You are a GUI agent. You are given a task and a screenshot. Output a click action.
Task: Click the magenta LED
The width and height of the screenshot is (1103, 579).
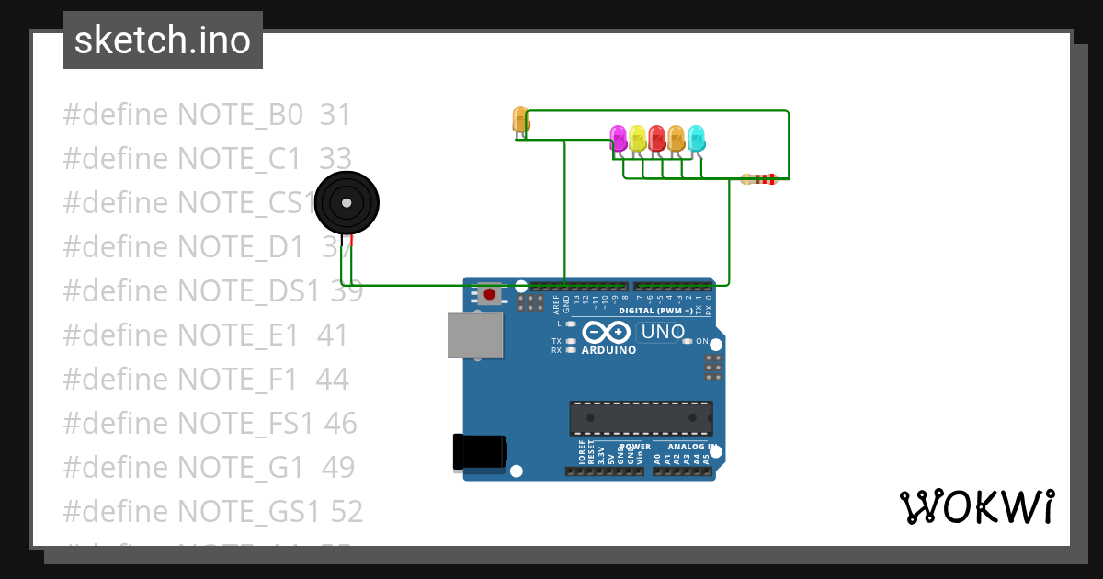(x=619, y=138)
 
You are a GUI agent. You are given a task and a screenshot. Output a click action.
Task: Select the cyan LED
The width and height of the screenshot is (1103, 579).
(x=696, y=138)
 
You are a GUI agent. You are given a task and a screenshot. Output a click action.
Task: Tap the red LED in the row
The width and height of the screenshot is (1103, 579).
(x=656, y=138)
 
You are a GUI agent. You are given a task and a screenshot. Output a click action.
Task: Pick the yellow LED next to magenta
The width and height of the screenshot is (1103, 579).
(x=638, y=138)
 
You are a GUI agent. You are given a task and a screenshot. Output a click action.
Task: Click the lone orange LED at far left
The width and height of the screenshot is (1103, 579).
(x=520, y=119)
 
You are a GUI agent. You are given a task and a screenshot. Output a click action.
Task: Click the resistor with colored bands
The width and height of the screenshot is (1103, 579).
(x=759, y=179)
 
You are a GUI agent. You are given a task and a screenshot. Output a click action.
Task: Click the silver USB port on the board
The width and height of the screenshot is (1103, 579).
(x=475, y=335)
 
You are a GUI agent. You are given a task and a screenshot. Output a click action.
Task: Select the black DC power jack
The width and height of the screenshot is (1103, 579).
(x=479, y=452)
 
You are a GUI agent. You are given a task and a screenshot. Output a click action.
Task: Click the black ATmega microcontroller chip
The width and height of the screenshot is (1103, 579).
(x=641, y=417)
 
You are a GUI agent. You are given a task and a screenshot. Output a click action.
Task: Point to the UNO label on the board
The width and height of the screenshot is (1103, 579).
(x=663, y=332)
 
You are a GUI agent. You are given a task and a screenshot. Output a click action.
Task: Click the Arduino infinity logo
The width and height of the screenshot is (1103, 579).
(x=607, y=332)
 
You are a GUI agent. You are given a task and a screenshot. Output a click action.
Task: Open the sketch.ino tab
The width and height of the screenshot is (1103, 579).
(x=163, y=40)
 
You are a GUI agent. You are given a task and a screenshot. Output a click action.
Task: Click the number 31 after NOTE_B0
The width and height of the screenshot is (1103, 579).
(x=335, y=115)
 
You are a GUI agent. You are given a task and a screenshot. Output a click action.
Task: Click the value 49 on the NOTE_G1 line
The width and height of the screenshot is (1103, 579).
(x=338, y=468)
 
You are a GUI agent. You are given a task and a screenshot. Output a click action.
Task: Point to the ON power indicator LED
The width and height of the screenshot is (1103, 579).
(x=687, y=341)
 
